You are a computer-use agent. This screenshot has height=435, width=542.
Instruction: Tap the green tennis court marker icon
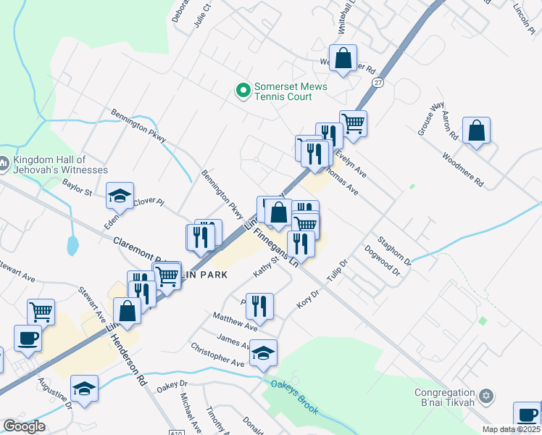(x=243, y=91)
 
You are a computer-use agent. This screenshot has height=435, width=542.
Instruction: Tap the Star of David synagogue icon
(x=487, y=397)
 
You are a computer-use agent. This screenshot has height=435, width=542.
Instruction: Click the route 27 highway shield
(x=378, y=83)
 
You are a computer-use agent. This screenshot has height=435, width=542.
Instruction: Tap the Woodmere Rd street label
(x=462, y=170)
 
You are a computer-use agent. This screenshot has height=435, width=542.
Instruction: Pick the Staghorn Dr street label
(x=393, y=249)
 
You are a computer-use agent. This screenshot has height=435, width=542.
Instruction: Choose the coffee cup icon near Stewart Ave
(x=28, y=338)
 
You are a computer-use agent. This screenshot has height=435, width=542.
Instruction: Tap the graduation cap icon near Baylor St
(x=120, y=195)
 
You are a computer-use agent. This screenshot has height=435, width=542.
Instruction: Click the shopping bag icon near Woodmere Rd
(x=477, y=131)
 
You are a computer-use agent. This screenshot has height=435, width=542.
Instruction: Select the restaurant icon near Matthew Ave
(x=259, y=306)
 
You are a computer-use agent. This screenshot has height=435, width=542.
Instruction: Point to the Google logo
(x=24, y=426)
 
